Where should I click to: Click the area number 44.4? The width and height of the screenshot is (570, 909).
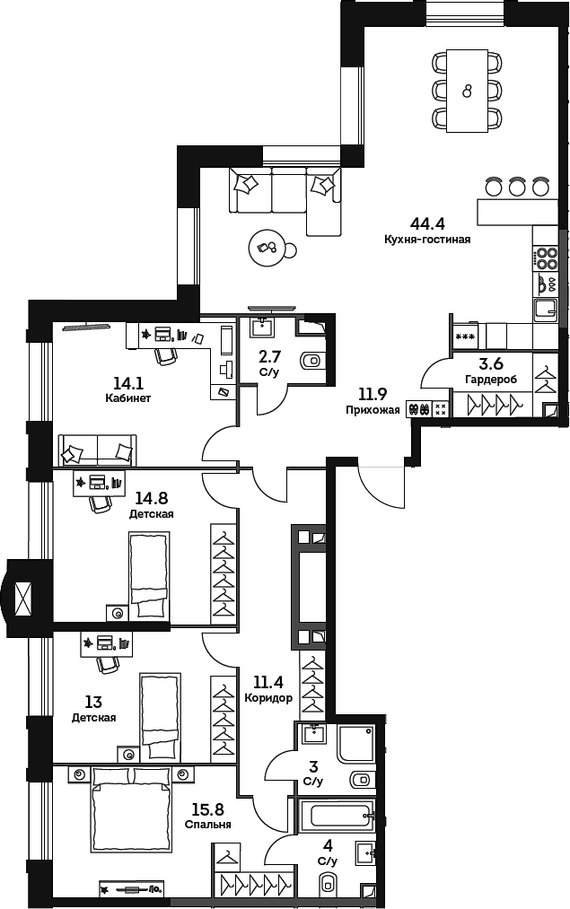[427, 223]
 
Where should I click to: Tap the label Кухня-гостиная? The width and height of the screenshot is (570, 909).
[427, 240]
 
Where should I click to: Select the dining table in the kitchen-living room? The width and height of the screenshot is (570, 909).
[467, 90]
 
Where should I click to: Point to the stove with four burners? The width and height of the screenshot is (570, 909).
[547, 258]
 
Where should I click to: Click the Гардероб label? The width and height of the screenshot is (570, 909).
[491, 380]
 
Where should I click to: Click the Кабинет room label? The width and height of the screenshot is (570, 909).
[127, 398]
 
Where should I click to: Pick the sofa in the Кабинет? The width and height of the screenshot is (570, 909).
[97, 450]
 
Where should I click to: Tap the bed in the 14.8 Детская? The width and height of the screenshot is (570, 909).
[149, 574]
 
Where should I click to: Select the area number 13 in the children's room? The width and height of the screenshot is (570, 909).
[93, 702]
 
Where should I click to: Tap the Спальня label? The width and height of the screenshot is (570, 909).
[208, 825]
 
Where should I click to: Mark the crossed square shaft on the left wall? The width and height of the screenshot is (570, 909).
[22, 598]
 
